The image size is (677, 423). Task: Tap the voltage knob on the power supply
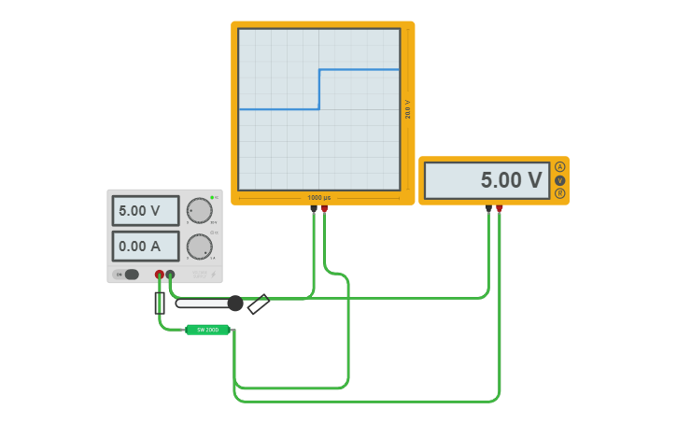click(x=199, y=210)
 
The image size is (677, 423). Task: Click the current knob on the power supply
click(x=199, y=247)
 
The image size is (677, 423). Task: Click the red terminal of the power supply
click(x=160, y=275)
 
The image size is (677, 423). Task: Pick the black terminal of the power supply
click(x=170, y=275)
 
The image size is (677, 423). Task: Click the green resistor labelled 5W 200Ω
click(x=207, y=330)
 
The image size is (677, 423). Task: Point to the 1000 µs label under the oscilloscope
click(x=319, y=198)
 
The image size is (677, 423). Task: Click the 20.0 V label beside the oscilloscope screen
click(x=408, y=108)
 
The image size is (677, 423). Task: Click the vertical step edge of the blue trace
click(x=319, y=89)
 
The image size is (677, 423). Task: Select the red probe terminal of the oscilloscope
click(x=324, y=209)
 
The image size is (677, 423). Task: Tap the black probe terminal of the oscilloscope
click(x=313, y=209)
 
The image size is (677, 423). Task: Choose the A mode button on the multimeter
click(x=559, y=167)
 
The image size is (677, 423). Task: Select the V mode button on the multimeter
click(x=559, y=180)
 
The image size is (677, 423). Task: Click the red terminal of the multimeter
click(x=500, y=208)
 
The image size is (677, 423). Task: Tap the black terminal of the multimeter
click(x=488, y=208)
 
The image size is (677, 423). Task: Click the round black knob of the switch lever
click(x=235, y=303)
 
